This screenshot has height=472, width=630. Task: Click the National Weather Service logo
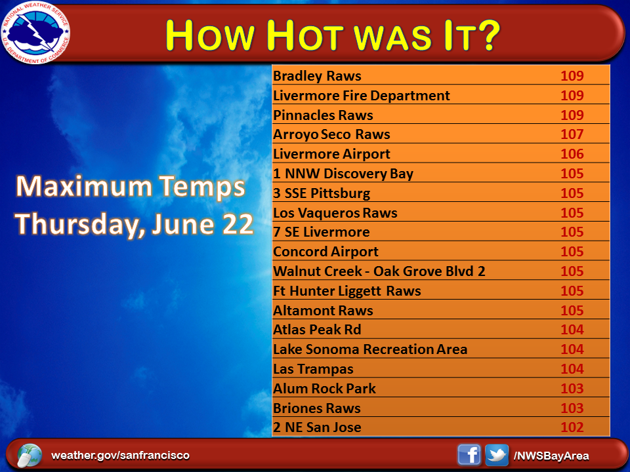tap(35, 33)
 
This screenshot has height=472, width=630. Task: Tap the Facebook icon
tap(469, 455)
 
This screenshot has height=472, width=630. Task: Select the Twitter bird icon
tap(497, 455)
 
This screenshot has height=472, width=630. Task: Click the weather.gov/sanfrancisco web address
tap(120, 456)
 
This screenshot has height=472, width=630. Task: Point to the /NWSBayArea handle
tap(551, 456)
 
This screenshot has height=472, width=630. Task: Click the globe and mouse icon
tap(30, 456)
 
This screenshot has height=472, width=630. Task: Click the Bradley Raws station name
tap(317, 76)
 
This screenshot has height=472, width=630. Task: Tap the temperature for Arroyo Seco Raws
tap(572, 134)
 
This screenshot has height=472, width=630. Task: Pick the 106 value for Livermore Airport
tap(572, 153)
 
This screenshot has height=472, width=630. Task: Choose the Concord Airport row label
tap(326, 252)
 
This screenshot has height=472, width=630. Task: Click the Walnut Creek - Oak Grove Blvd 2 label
tap(379, 271)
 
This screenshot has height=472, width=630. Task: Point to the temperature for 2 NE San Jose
tap(572, 427)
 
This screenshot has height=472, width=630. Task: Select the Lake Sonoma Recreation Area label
tap(370, 349)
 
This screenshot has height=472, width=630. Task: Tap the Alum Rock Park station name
tap(324, 389)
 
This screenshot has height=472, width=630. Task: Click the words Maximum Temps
tap(131, 187)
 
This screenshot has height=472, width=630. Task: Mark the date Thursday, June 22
tap(135, 224)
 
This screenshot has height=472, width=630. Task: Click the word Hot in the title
tap(305, 35)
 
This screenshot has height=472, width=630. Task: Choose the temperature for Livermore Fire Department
tap(572, 95)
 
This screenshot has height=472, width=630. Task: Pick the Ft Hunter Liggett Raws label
tap(347, 291)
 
